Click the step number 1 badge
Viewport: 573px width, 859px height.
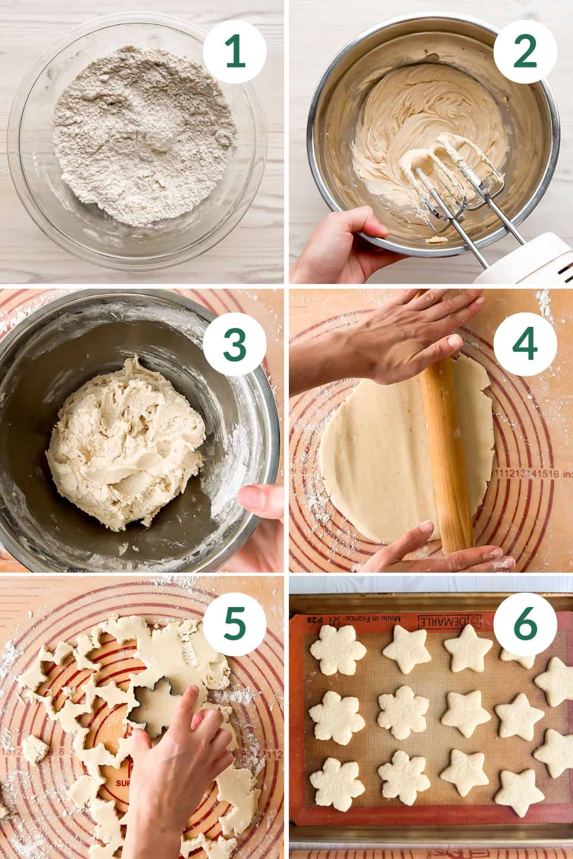(x=234, y=53)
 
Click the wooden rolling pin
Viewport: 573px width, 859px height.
(x=444, y=429)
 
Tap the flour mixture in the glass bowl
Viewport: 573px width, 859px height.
(x=143, y=138)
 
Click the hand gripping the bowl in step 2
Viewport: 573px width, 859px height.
(x=344, y=243)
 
